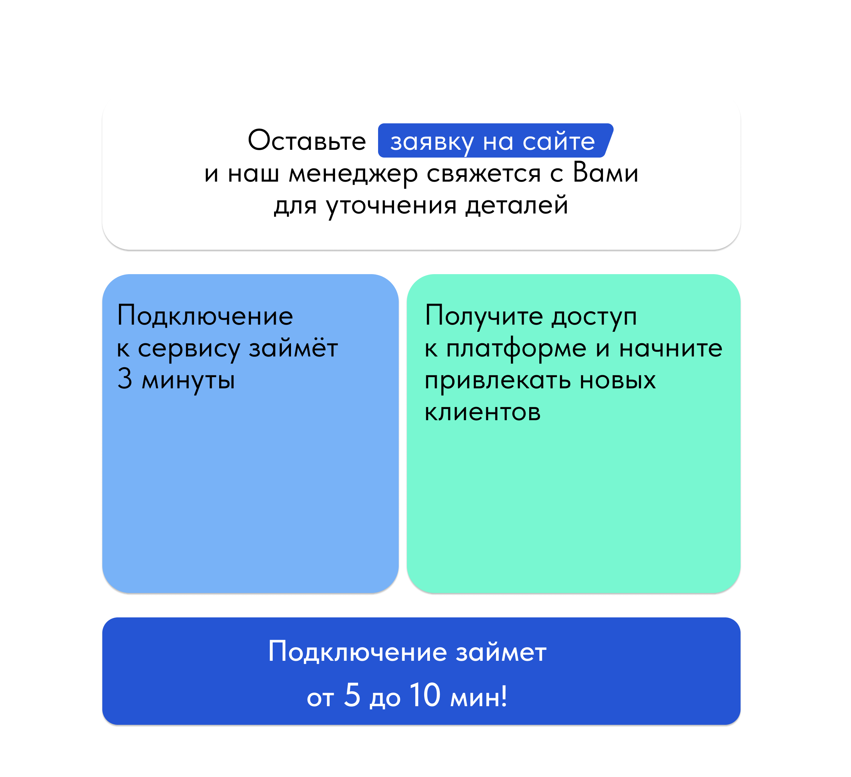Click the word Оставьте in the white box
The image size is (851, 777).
[x=307, y=141]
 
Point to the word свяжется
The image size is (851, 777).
[x=483, y=173]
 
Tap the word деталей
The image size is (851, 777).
[x=517, y=206]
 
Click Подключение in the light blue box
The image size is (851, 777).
[x=205, y=316]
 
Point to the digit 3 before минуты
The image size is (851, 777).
[x=125, y=379]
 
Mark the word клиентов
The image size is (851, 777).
[x=482, y=412]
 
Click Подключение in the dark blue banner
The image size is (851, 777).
[x=357, y=652]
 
